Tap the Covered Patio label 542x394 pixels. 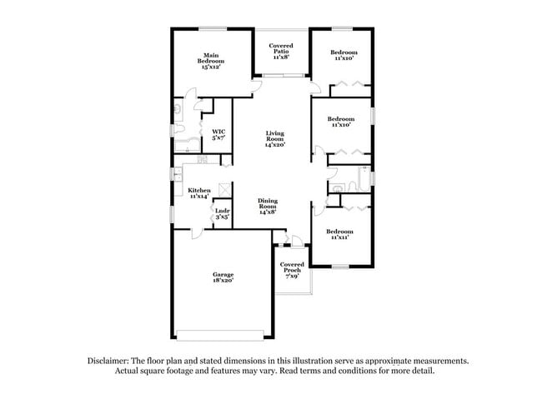click(281, 52)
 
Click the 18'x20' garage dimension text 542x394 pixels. click(222, 282)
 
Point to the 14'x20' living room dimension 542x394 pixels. click(276, 145)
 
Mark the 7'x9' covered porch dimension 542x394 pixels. click(292, 277)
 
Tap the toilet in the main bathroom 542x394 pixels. click(179, 108)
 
